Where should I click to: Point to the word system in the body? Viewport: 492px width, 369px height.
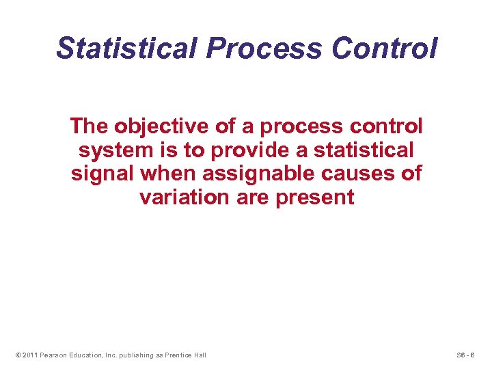111,150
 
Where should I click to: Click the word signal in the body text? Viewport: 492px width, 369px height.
102,174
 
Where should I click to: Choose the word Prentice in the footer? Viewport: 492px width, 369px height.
178,355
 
